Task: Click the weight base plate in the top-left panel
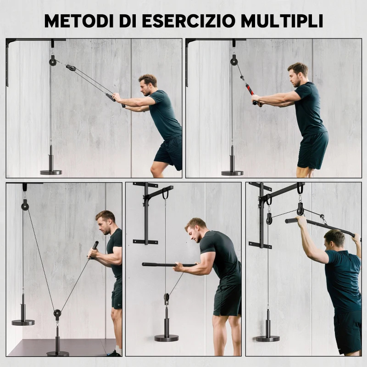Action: [50, 172]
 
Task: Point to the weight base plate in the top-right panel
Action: [232, 172]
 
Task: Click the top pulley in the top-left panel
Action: [53, 61]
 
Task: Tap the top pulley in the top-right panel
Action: [234, 60]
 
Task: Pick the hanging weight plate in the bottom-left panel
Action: [23, 322]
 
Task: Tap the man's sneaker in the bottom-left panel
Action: [115, 353]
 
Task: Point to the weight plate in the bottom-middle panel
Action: [166, 337]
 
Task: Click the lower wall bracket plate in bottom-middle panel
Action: [145, 242]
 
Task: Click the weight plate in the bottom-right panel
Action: [267, 338]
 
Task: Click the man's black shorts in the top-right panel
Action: [312, 150]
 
